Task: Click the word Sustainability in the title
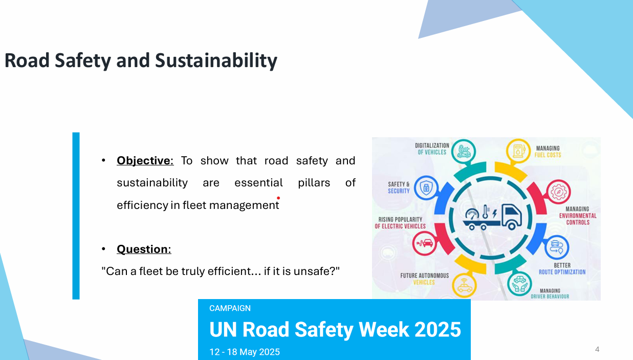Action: (x=216, y=61)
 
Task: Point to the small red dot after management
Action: (x=278, y=198)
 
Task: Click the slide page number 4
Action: (x=597, y=349)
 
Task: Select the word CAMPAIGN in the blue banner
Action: (x=230, y=308)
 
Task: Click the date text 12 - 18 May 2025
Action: (x=245, y=352)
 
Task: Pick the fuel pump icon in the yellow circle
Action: (x=518, y=151)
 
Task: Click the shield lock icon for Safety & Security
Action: (x=426, y=188)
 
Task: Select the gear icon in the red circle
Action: (x=558, y=192)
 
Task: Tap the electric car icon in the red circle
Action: (x=424, y=243)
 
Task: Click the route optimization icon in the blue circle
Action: (x=556, y=247)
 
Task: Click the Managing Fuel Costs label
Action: (x=548, y=152)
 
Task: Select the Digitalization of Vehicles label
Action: (x=432, y=149)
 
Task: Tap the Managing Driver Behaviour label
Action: (x=550, y=293)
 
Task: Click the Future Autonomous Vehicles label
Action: (x=424, y=279)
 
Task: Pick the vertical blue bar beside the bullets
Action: (x=76, y=216)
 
